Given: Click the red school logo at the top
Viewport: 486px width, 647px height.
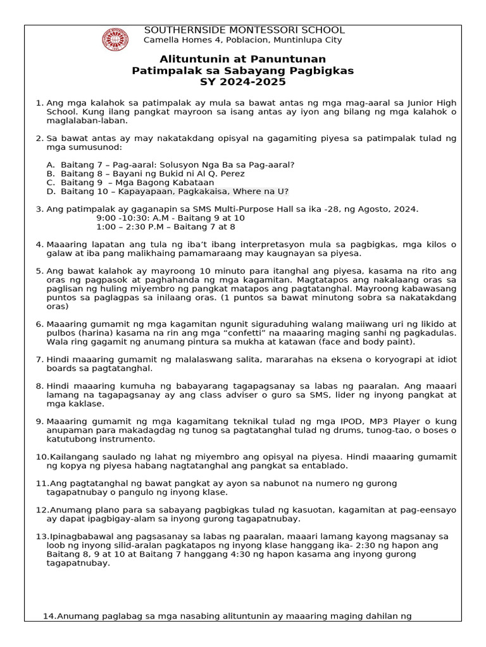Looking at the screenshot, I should (115, 39).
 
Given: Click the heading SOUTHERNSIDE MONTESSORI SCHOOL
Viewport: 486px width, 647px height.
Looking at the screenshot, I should (244, 30).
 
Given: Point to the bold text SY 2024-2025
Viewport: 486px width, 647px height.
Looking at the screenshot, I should (243, 82).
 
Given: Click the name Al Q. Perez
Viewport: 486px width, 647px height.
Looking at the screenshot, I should (225, 174).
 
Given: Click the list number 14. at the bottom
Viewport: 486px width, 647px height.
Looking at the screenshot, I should (49, 616).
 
